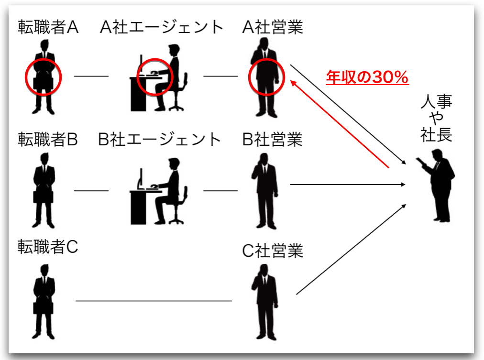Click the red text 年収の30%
[x=367, y=76]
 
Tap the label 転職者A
[x=48, y=28]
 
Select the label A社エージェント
[x=162, y=27]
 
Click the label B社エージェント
[x=160, y=140]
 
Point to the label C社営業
[x=273, y=251]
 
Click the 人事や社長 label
[x=436, y=118]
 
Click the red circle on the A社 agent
[x=154, y=76]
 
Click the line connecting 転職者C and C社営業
[x=153, y=301]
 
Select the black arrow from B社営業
[x=347, y=184]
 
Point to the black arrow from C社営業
[x=352, y=249]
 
